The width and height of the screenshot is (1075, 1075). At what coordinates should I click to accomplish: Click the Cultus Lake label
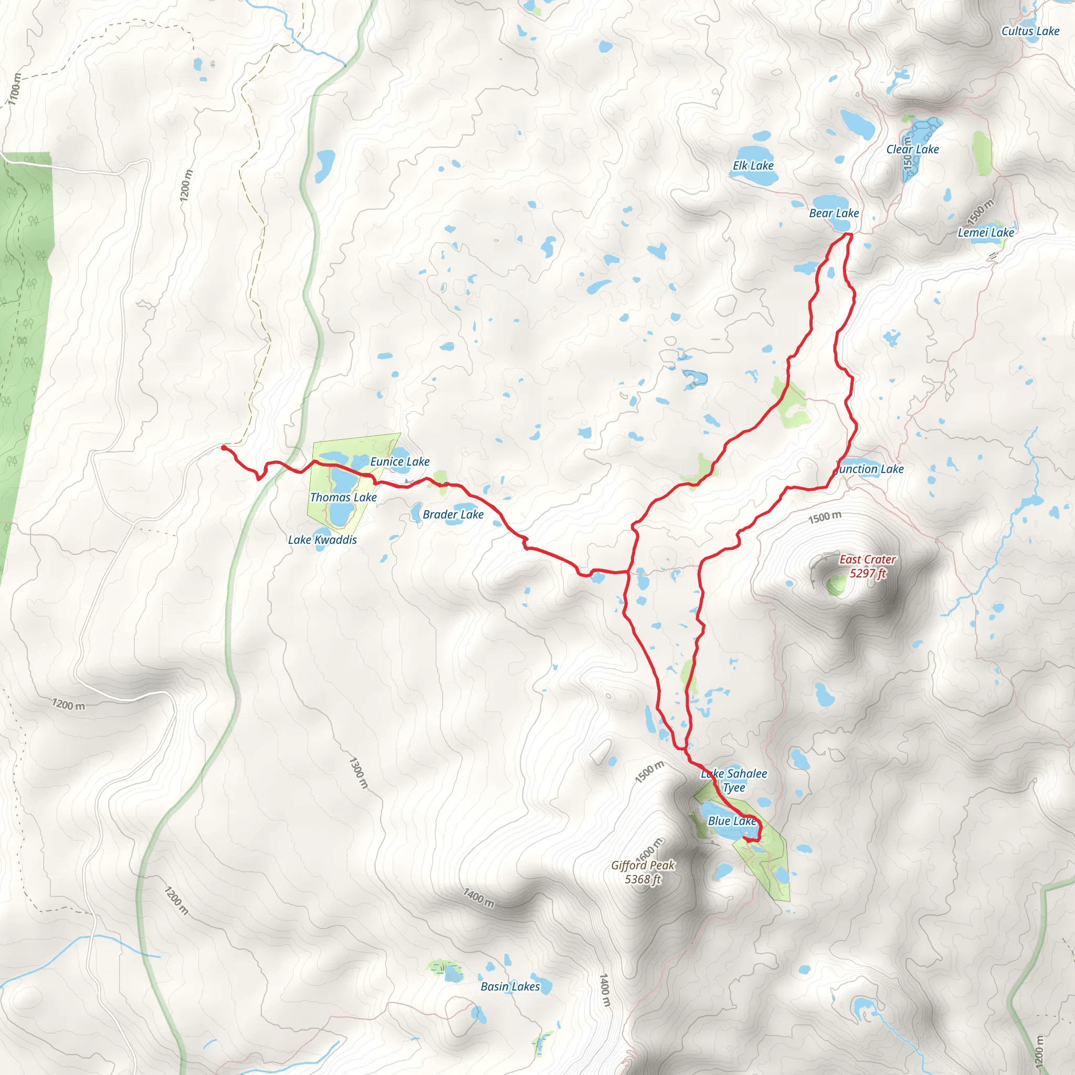[x=1030, y=31]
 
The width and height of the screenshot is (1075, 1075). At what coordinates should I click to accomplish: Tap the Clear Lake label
[x=912, y=149]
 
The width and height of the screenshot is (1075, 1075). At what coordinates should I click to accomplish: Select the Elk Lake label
[x=753, y=166]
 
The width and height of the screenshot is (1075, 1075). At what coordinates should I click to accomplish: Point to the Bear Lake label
[x=834, y=213]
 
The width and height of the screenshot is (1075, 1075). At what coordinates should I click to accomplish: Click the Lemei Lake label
[x=985, y=233]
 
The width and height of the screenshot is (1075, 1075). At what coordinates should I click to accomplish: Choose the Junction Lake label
[x=869, y=469]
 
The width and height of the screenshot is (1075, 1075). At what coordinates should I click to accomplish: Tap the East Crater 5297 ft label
[x=868, y=566]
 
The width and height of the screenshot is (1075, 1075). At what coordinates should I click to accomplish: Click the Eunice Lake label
[x=399, y=461]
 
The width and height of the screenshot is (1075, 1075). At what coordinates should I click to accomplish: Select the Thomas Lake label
[x=343, y=498]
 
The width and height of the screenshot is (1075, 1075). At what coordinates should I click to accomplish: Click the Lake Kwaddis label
[x=322, y=540]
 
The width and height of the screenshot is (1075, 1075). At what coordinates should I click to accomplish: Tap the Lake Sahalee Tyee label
[x=734, y=780]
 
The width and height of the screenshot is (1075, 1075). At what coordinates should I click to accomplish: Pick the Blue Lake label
[x=732, y=821]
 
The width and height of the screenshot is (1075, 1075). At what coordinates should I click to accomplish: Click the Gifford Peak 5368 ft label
[x=642, y=872]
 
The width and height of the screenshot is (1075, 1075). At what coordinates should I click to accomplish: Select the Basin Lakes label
[x=510, y=986]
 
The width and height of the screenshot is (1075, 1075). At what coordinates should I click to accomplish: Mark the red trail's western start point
[x=224, y=447]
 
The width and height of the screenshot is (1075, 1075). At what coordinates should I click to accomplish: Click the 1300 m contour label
[x=359, y=772]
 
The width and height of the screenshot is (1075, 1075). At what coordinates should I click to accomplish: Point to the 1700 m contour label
[x=15, y=89]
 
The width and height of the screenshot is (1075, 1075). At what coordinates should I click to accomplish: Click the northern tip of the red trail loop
[x=850, y=235]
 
